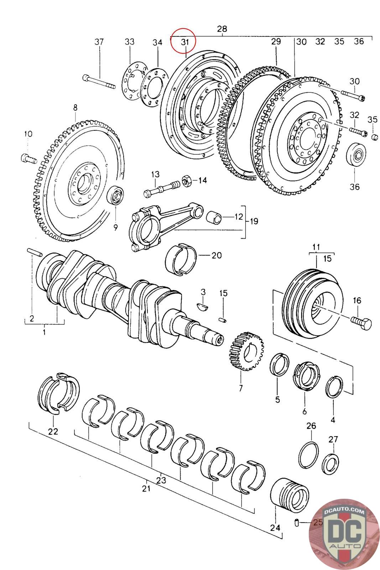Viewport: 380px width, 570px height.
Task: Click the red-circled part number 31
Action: [184, 42]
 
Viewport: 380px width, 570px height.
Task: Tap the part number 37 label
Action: [99, 42]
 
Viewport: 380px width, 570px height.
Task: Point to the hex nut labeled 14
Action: [187, 181]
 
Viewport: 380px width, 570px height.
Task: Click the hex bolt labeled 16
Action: [361, 322]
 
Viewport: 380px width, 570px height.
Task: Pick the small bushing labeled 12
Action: [215, 216]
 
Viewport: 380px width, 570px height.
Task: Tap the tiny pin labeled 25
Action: [296, 523]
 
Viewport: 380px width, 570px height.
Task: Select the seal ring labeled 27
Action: [330, 464]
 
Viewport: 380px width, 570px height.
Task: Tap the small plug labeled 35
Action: [375, 137]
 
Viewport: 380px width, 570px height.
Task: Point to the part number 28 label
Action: [222, 29]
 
